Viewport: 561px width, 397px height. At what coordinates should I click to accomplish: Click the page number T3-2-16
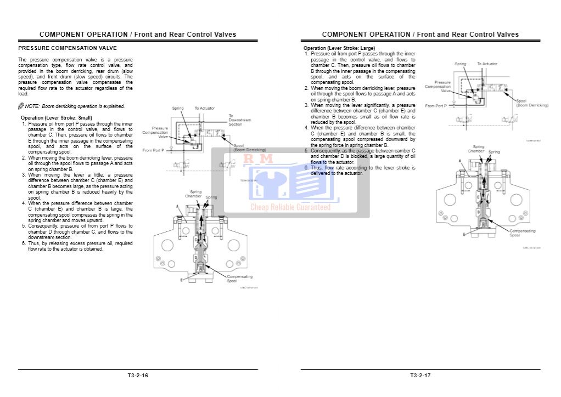coord(138,376)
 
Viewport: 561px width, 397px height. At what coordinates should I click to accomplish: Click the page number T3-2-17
coord(420,376)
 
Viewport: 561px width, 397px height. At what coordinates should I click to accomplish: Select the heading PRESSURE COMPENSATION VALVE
coord(68,48)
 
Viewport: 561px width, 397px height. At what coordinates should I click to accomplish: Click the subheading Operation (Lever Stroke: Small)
coord(56,118)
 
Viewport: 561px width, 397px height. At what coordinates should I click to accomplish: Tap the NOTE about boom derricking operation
coord(75,106)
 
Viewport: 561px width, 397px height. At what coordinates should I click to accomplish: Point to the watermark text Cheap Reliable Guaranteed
coord(290,207)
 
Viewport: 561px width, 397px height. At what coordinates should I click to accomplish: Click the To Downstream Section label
coord(239,120)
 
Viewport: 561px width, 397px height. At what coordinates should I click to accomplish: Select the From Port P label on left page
coord(155,150)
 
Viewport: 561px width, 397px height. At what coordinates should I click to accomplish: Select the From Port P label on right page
coord(436,105)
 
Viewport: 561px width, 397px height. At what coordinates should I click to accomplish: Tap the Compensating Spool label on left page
coord(240,279)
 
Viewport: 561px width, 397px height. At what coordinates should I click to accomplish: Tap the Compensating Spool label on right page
coord(522,233)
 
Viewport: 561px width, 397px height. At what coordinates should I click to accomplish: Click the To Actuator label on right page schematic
coord(487,64)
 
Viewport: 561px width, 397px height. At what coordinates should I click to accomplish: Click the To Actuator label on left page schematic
coord(205,108)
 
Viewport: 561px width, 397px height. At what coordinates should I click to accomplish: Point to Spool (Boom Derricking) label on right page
coord(532,103)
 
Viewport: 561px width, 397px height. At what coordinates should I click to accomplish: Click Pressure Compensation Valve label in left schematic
coord(156,132)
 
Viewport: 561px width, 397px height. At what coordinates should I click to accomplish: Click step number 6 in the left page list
coord(24,243)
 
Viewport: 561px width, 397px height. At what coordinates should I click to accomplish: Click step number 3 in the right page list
coord(307,105)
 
